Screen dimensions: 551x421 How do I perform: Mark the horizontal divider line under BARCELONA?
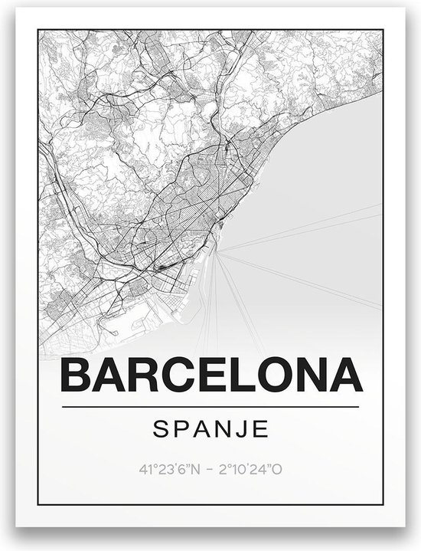(x=210, y=405)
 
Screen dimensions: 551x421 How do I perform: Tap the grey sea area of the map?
(x=321, y=192)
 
